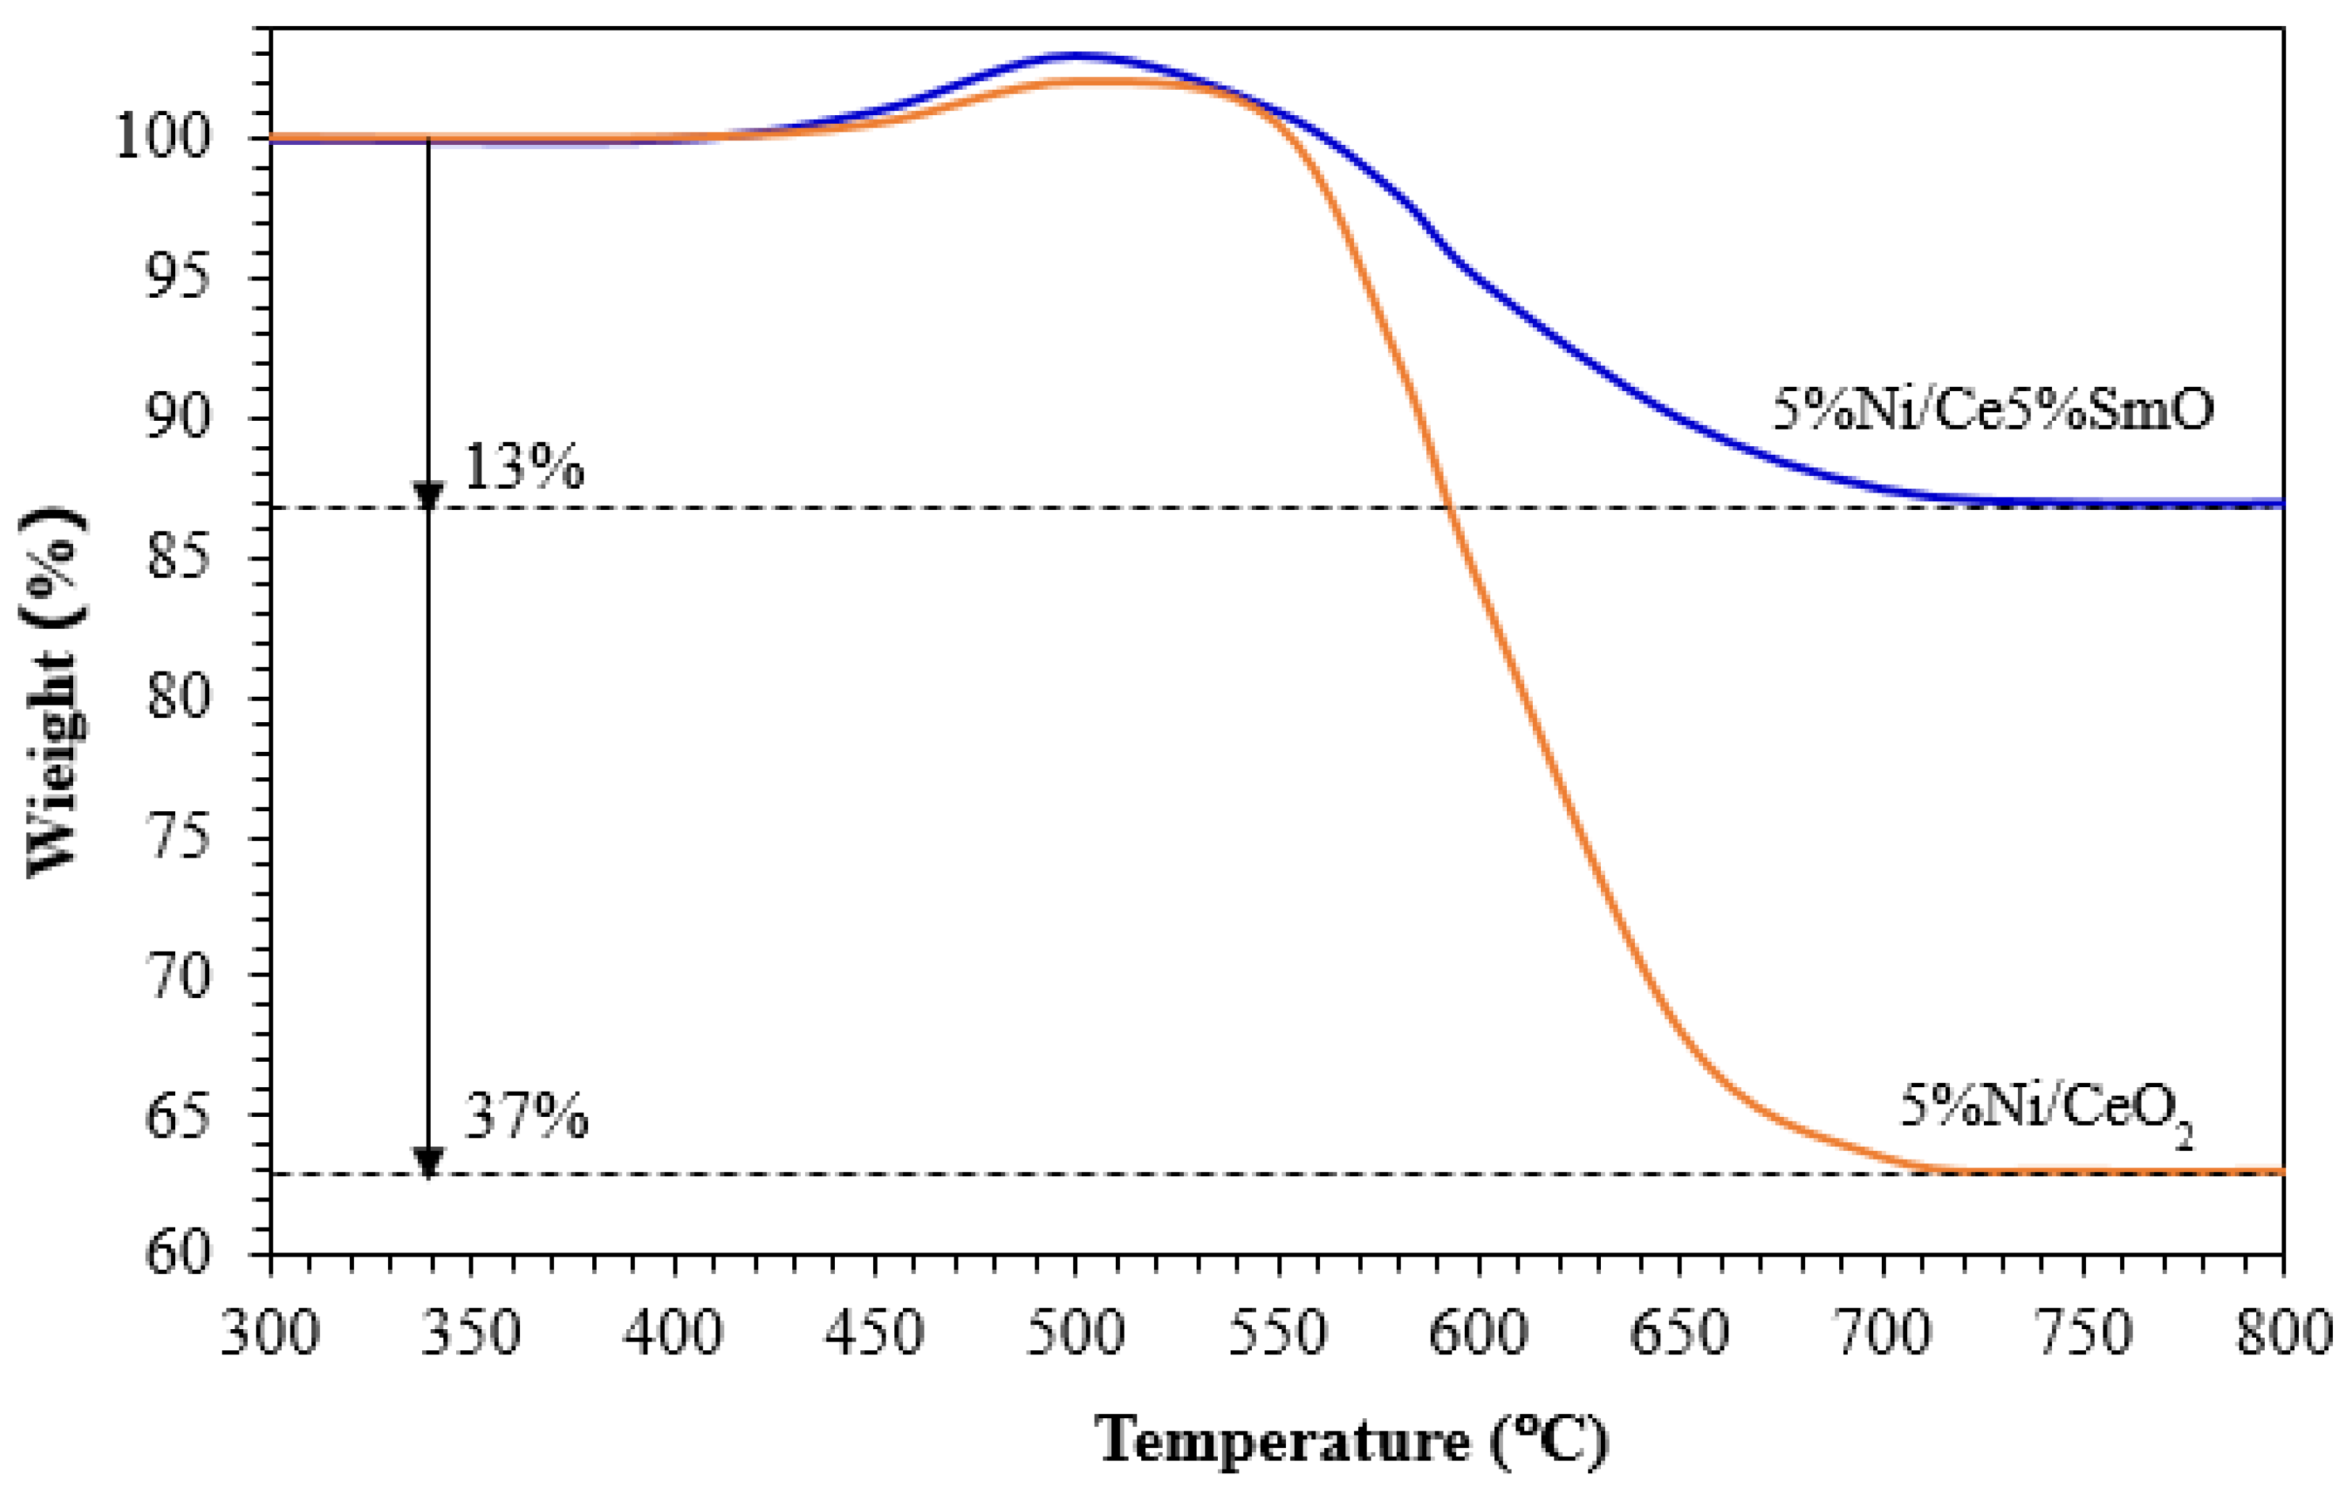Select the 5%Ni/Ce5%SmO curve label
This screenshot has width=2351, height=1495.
[x=1993, y=410]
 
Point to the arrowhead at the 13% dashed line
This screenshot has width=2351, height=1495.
[x=428, y=495]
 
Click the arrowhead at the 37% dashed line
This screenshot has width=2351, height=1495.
[x=428, y=1162]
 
